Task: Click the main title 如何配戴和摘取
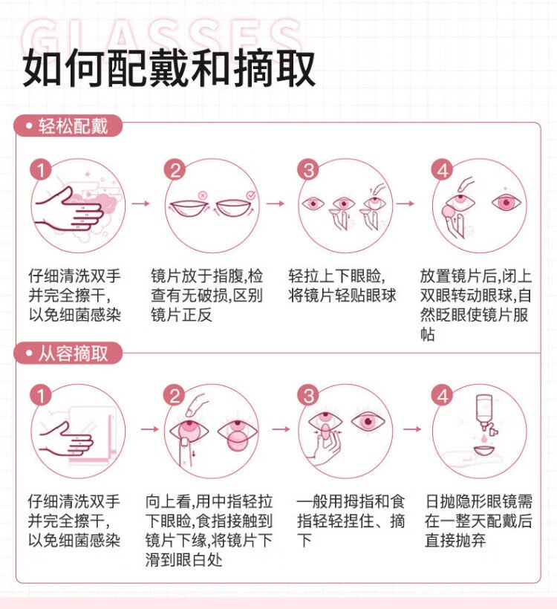[x=169, y=69]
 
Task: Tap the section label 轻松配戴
[x=68, y=126]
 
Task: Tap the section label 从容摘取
[x=68, y=354]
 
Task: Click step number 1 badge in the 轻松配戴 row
[x=41, y=170]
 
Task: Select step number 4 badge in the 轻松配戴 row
[x=443, y=170]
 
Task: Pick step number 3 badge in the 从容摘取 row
[x=308, y=396]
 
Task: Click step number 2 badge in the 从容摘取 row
[x=175, y=396]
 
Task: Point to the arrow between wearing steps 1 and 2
[x=140, y=203]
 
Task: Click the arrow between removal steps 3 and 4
[x=412, y=429]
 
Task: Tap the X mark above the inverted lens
[x=202, y=195]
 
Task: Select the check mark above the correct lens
[x=251, y=195]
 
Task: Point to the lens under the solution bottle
[x=484, y=452]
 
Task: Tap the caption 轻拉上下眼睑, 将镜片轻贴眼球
[x=342, y=285]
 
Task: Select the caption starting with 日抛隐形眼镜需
[x=478, y=521]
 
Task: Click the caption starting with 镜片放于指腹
[x=207, y=295]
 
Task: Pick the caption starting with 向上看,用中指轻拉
[x=209, y=530]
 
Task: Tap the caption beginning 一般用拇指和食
[x=351, y=521]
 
